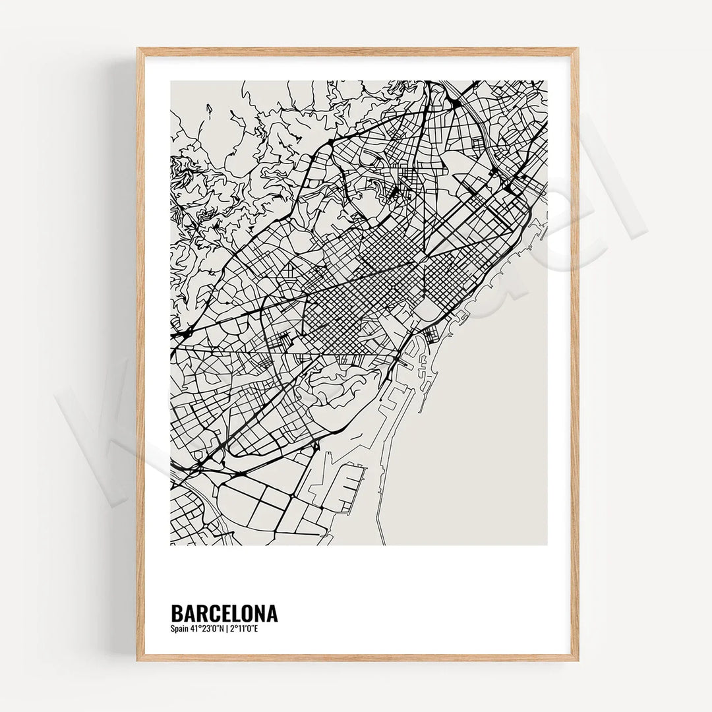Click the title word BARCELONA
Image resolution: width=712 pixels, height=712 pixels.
223,614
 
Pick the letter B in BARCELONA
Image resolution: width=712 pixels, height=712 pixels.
176,614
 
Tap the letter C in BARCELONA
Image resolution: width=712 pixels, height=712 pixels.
212,614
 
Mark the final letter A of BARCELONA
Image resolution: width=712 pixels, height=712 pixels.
272,614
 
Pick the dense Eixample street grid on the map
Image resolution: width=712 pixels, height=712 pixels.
356,297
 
